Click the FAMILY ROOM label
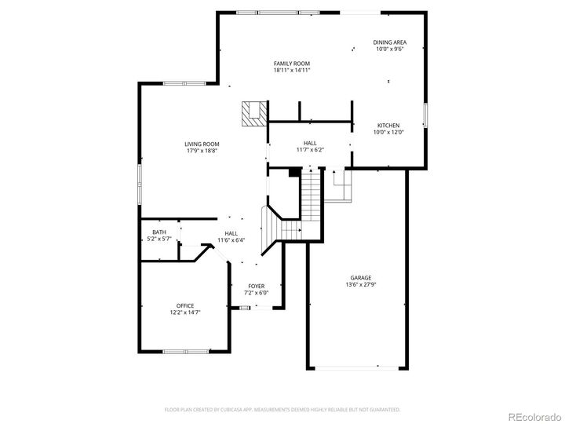pos(292,63)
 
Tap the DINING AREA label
pos(390,42)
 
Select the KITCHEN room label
pos(388,126)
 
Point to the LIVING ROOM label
pos(202,144)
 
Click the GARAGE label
pos(361,278)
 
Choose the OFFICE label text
pos(185,305)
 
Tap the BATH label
pos(159,232)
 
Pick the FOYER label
pos(257,286)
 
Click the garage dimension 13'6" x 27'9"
pos(361,285)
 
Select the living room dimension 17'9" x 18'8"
pos(202,151)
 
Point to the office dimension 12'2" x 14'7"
pos(185,313)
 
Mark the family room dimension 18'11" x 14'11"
pos(292,70)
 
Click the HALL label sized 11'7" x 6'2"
pos(310,142)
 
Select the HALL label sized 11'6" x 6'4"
pos(231,233)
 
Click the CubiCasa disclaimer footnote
pos(282,409)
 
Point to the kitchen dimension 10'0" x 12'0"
pos(388,133)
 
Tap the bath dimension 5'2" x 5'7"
pos(159,239)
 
